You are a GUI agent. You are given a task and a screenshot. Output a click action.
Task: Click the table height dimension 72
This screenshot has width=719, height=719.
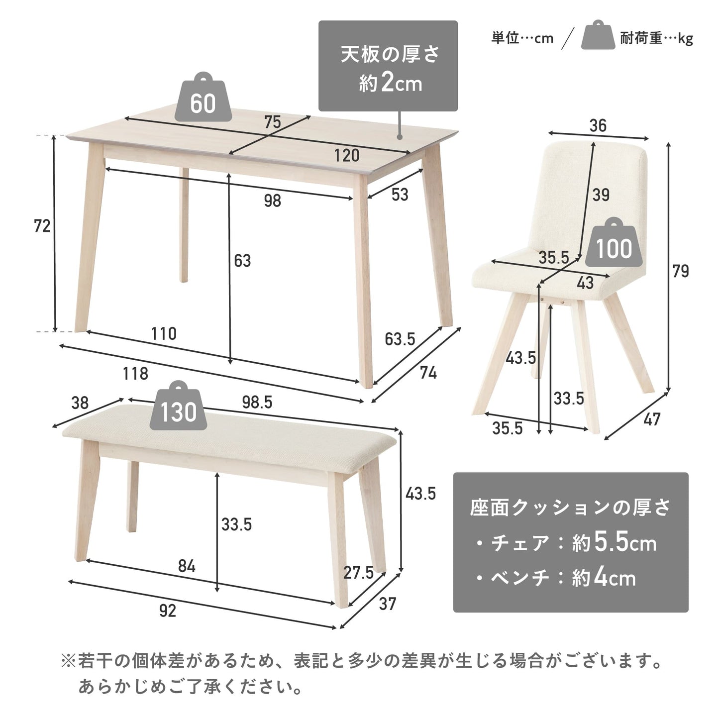pyautogui.click(x=42, y=226)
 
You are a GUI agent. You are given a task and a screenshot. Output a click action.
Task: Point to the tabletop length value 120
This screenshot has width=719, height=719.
pyautogui.click(x=347, y=155)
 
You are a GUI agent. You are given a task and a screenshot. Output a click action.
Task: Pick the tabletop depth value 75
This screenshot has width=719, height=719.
pyautogui.click(x=272, y=122)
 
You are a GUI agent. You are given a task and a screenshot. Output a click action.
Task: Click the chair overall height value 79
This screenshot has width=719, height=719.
pyautogui.click(x=680, y=271)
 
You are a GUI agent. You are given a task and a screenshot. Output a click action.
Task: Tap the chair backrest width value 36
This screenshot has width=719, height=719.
pyautogui.click(x=598, y=125)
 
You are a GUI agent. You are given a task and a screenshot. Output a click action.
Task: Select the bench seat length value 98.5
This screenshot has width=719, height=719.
pyautogui.click(x=257, y=402)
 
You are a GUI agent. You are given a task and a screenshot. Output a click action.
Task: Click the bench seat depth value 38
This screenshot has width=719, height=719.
pyautogui.click(x=80, y=403)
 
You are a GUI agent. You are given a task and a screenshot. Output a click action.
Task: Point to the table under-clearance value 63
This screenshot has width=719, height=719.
pyautogui.click(x=242, y=261)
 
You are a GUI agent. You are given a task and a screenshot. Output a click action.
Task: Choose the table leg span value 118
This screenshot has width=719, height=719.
pyautogui.click(x=135, y=374)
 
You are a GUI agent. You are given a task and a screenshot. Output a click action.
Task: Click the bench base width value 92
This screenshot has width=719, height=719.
pyautogui.click(x=168, y=611)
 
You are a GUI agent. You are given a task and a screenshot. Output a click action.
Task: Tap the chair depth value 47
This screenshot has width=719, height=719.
pyautogui.click(x=652, y=419)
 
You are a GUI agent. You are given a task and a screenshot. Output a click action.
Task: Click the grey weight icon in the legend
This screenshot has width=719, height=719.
pyautogui.click(x=598, y=35)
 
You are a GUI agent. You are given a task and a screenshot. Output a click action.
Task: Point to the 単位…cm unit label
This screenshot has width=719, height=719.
pyautogui.click(x=522, y=38)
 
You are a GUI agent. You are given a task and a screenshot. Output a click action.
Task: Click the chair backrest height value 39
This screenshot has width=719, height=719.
pyautogui.click(x=601, y=195)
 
